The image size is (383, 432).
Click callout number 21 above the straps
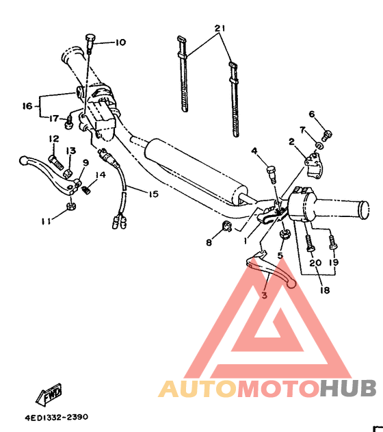point(219,29)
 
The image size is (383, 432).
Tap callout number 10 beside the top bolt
point(120,42)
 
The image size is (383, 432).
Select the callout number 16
point(27,106)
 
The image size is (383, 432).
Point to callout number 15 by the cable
point(153,194)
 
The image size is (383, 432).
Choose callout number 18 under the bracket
point(324,290)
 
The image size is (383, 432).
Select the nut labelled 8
point(226,227)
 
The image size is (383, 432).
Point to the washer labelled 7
point(320,145)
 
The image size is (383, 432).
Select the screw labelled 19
point(334,241)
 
